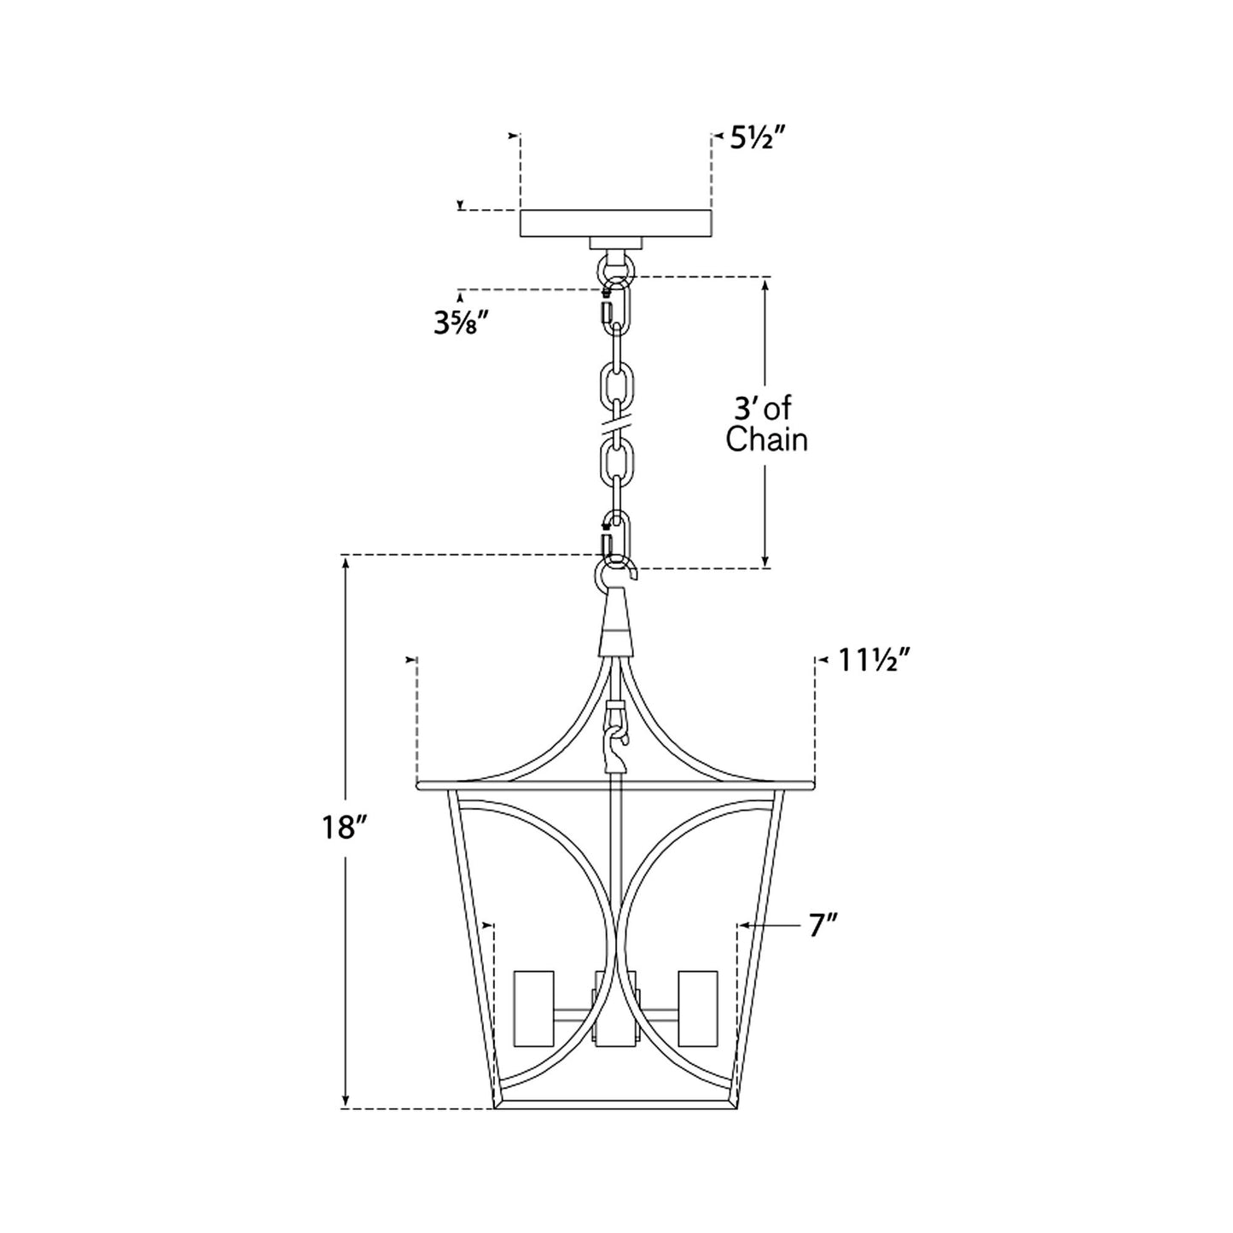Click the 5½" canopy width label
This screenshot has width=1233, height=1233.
point(758,137)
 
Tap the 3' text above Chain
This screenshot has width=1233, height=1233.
point(744,408)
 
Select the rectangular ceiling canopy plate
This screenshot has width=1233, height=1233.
point(615,223)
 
